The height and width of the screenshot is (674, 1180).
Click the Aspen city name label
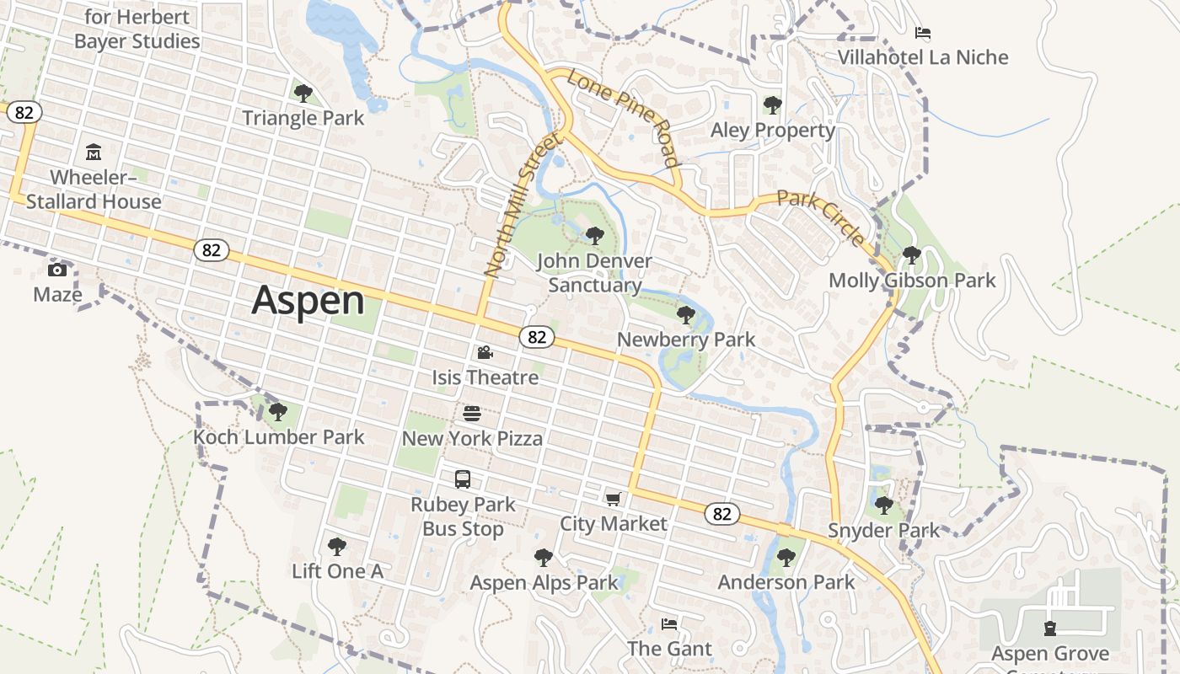(308, 300)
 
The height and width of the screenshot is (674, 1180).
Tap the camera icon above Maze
(57, 270)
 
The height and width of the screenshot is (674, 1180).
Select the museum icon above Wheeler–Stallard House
(94, 152)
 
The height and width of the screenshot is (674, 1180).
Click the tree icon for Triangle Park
(303, 93)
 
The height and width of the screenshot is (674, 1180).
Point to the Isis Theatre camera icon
(485, 352)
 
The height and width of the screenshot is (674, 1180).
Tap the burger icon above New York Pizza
(472, 414)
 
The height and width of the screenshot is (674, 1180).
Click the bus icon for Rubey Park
(463, 479)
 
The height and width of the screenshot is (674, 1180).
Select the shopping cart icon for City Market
(613, 499)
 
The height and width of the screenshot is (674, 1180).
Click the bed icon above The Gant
(669, 624)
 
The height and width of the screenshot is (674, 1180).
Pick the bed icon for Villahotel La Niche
(923, 33)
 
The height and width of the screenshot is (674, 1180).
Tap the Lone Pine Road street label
(623, 118)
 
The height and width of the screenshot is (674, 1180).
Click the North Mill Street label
(522, 206)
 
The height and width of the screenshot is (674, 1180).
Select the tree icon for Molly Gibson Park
(911, 254)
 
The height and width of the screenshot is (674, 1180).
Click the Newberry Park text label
(686, 340)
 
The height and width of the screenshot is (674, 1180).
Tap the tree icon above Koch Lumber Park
(277, 412)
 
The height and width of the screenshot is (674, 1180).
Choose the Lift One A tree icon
(337, 546)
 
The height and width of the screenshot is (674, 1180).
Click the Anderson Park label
(786, 582)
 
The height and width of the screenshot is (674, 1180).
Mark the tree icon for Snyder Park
(883, 505)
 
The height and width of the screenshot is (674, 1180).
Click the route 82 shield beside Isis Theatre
(537, 337)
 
